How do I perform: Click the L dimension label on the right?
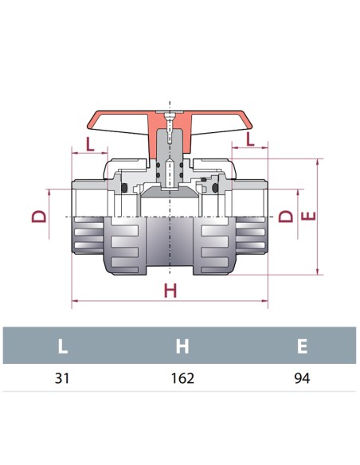251,139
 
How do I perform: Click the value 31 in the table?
62,378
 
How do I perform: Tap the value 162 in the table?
182,378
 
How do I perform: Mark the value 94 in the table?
301,378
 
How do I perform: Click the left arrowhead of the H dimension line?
75,302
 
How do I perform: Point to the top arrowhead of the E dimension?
319,160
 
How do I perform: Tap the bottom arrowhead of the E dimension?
319,271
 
